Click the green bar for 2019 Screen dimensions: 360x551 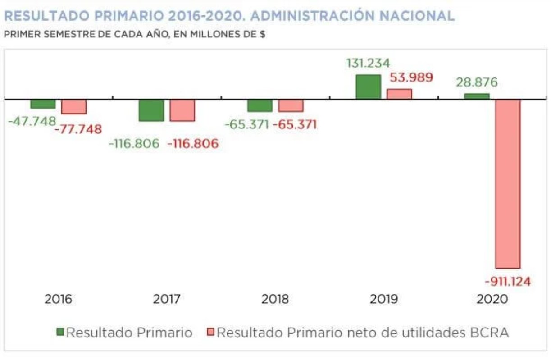[x=368, y=87]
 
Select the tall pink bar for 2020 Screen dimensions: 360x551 [x=508, y=183]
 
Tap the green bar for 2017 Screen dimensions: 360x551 [x=151, y=110]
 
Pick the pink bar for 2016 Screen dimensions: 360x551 [x=74, y=107]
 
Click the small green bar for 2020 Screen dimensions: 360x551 [x=477, y=96]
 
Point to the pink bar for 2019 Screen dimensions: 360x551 [x=399, y=94]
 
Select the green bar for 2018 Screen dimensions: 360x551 [x=260, y=105]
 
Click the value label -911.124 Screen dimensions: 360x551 [x=508, y=282]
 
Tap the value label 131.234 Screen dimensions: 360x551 [x=368, y=63]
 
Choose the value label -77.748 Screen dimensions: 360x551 [x=77, y=130]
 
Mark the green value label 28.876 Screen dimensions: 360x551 [x=476, y=82]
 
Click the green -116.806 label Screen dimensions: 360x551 [x=134, y=144]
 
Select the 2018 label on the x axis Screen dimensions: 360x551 [x=275, y=299]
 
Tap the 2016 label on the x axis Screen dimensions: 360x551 [x=58, y=299]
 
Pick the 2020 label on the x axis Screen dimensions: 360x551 [x=493, y=299]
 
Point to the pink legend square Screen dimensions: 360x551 [x=210, y=333]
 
